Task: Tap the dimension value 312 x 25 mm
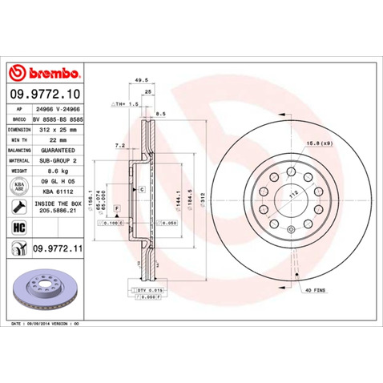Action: pos(58,128)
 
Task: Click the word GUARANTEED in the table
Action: pos(58,149)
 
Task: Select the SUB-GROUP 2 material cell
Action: pos(58,159)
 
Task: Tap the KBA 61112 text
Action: pos(58,191)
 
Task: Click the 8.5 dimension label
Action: pos(161,113)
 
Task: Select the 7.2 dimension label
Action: pos(120,146)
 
